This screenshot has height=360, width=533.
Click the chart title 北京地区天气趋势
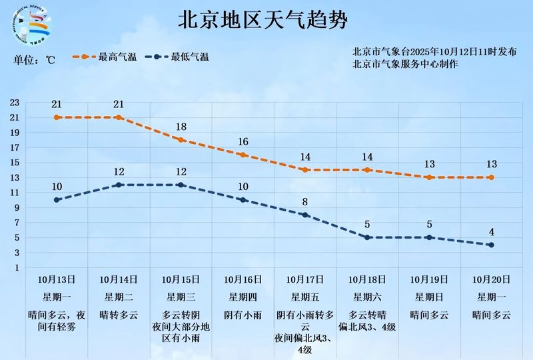[x=263, y=20]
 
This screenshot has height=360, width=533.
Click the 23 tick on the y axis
[x=15, y=103]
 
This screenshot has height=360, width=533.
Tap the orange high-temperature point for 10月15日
[x=181, y=140]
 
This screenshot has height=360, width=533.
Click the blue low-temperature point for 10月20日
[x=491, y=245]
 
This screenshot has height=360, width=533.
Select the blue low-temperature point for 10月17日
[x=305, y=215]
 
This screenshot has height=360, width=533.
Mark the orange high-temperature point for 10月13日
[x=57, y=117]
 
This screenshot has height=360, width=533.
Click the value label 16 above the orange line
[x=243, y=141]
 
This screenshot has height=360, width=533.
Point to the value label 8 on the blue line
[x=305, y=201]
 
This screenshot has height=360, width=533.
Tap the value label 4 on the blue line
[x=491, y=232]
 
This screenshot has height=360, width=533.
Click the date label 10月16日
[x=243, y=279]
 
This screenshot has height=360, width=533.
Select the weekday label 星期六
[x=367, y=297]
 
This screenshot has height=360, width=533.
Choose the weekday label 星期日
[x=429, y=297]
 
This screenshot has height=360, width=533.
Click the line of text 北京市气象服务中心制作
[x=406, y=64]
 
